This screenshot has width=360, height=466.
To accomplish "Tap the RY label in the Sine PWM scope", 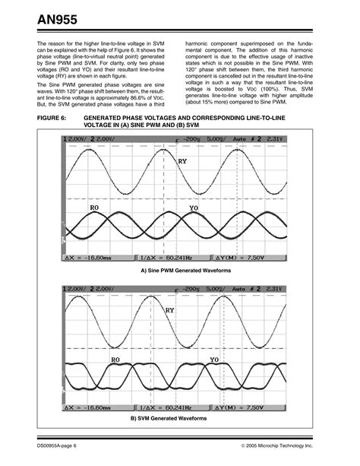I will point(182,161).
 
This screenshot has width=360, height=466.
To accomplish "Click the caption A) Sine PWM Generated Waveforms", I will point(179,271).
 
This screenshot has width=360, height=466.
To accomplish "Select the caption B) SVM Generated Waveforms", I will point(179,418).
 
